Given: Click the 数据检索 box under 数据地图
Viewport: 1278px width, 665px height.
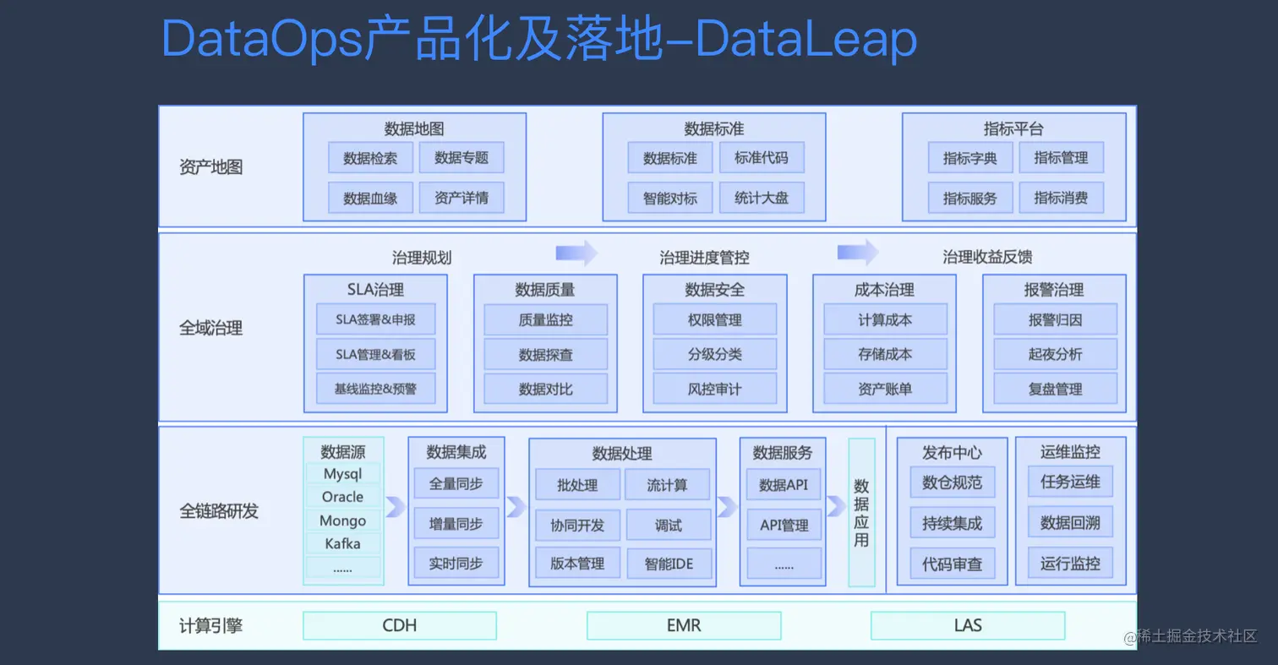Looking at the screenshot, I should coord(369,158).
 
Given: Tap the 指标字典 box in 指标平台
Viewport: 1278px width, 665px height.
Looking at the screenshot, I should coord(969,158).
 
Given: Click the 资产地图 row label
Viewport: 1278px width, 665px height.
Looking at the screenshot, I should coord(211,166).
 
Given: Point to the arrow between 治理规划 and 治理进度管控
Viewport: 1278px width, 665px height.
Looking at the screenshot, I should coord(576,253).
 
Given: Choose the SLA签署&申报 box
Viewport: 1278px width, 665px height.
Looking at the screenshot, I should coord(375,320).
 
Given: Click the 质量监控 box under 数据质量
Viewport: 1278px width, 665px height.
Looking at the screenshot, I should coord(545,320).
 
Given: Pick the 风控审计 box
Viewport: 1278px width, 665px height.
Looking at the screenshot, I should coord(714,390).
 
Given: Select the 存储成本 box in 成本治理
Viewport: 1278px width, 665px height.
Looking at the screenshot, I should coord(884,355).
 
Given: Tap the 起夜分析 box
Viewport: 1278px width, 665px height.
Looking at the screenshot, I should coord(1054,355).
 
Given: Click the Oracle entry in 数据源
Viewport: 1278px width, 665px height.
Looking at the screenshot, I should coord(342,497).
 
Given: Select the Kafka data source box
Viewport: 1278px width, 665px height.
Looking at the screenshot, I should coord(342,543).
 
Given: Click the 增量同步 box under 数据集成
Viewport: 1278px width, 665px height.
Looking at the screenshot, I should coord(456,524).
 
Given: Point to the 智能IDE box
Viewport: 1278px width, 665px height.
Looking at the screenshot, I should coord(669,563).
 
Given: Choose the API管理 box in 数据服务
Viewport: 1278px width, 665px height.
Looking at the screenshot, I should coord(784,526).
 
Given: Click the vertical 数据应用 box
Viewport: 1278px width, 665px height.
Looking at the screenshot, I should coord(860,512).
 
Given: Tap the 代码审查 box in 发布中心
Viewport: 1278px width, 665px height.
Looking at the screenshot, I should coord(952,564).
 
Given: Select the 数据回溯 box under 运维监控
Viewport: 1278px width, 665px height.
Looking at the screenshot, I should coord(1070,523).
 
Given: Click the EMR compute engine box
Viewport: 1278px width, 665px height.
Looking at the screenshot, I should coord(683,625).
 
